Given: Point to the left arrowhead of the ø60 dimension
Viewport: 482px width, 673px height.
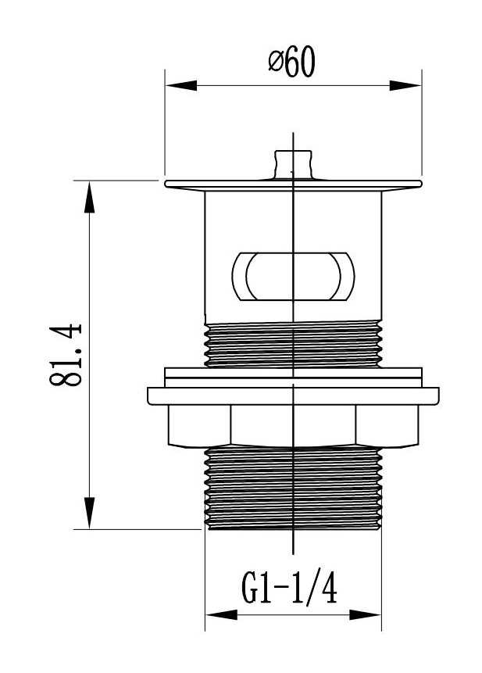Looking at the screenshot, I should pos(177,84).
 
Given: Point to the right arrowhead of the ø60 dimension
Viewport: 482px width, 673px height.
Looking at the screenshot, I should pos(409,84).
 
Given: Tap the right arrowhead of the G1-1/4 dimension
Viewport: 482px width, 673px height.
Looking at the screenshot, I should pos(370,615).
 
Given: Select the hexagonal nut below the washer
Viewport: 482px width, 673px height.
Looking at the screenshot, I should pos(293,427).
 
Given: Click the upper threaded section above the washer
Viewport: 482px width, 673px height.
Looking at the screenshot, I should pos(293,344).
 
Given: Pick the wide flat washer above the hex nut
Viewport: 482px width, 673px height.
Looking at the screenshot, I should pos(293,393).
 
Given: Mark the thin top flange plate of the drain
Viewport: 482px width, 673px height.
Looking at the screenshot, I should pos(293,184).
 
